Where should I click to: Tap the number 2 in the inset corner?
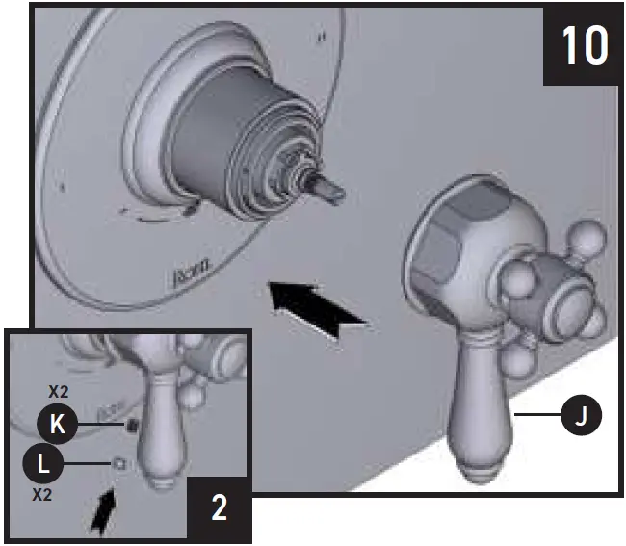click(219, 507)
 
